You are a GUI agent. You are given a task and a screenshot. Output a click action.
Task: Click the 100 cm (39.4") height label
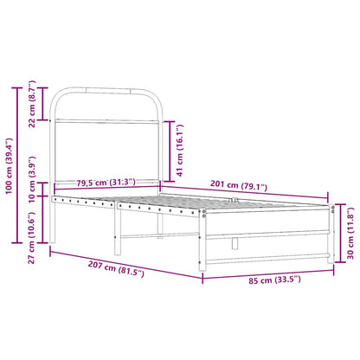10,165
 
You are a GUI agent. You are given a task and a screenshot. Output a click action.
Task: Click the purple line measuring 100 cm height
18,165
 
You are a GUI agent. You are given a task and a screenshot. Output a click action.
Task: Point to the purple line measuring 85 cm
269,273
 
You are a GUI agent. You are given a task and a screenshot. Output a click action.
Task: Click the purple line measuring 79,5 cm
106,190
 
